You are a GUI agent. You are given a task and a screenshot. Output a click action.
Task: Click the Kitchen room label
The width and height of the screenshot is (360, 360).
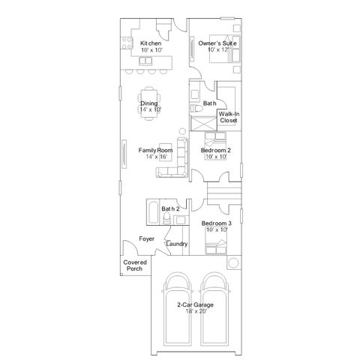tap(151, 43)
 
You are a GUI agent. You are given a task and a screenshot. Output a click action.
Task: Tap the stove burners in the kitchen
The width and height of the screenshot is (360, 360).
tap(126, 43)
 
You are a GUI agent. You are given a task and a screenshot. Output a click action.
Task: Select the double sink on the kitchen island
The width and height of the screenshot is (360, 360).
tap(145, 61)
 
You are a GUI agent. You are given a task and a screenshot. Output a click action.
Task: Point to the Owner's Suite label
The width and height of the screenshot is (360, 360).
tap(217, 43)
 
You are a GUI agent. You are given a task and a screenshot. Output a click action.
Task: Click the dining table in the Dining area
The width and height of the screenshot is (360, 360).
tap(149, 103)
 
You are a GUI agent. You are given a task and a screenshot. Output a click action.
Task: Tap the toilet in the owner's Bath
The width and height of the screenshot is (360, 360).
tap(196, 109)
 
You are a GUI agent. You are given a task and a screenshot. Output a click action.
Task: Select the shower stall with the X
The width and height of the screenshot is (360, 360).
tap(203, 123)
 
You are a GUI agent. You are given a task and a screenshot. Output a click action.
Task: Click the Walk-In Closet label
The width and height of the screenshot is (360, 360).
tap(229, 117)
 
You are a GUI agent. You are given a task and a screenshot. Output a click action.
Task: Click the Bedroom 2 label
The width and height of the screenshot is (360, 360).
tap(216, 150)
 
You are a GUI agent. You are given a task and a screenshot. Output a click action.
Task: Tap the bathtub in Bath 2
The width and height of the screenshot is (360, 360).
tap(152, 212)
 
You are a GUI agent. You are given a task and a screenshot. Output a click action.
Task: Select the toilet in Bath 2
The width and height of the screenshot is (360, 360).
tap(166, 219)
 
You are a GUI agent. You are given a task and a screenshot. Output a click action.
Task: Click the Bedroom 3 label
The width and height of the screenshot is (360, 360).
tap(217, 223)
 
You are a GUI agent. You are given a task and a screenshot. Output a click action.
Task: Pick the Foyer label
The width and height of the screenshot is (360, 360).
tap(147, 238)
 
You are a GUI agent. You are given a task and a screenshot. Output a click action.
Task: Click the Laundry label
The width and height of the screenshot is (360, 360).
tap(177, 244)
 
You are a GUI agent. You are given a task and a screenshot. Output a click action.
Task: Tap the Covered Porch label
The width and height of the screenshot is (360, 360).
tap(135, 265)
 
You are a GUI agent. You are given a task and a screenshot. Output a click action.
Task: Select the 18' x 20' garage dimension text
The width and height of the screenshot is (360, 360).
tap(196, 311)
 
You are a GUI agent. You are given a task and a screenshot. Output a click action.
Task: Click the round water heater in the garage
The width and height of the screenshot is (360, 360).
tap(233, 262)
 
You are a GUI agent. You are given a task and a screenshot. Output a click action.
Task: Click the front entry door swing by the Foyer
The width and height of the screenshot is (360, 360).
tap(130, 247)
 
